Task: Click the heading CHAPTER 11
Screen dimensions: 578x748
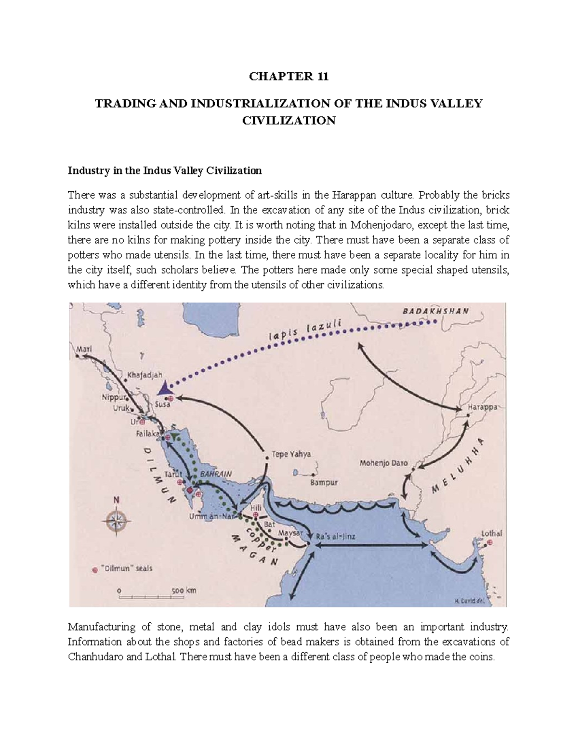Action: tap(289, 77)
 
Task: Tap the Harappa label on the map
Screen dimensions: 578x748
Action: tap(483, 407)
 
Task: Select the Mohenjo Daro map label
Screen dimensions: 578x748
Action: tap(383, 463)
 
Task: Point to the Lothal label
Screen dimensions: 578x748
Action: tap(492, 533)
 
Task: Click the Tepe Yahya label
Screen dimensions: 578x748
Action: tap(291, 454)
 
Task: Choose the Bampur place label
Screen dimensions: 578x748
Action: tap(324, 482)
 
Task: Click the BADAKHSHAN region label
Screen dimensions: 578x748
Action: tap(435, 311)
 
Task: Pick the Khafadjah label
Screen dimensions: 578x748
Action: tap(145, 374)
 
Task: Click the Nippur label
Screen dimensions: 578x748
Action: tap(114, 397)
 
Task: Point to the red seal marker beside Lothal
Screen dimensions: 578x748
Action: tap(490, 542)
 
